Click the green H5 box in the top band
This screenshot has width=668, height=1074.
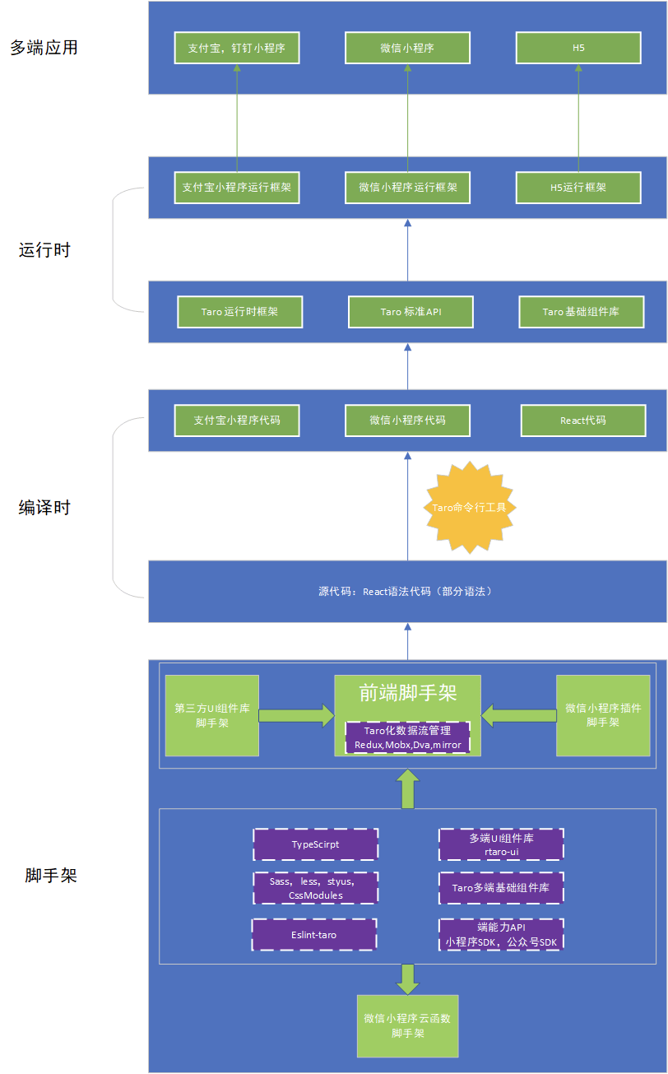(x=578, y=48)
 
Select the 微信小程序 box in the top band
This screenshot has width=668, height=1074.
(x=407, y=48)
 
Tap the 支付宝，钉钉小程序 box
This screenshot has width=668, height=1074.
(x=237, y=48)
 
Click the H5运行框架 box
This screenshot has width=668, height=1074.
(x=578, y=188)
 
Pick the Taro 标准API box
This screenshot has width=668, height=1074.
(x=411, y=312)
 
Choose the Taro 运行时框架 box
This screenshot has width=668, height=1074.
(x=239, y=312)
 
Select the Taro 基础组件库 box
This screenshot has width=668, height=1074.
(x=582, y=312)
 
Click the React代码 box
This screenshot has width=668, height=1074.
(x=583, y=421)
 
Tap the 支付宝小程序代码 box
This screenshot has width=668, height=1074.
(x=237, y=421)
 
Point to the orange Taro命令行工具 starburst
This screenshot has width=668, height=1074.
(x=470, y=507)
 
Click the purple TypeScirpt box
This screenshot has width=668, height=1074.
(x=316, y=844)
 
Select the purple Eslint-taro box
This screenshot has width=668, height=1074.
(x=314, y=934)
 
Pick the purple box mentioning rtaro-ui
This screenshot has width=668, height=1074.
(x=501, y=844)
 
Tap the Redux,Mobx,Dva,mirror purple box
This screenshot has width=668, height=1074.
(x=408, y=737)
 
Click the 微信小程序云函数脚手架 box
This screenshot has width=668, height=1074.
(x=408, y=1026)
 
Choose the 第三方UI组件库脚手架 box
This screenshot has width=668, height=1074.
(x=211, y=716)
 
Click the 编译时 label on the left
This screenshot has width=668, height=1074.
(x=44, y=507)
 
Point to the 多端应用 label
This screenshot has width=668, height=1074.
(x=44, y=48)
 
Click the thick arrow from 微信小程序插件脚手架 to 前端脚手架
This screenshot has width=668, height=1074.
(x=518, y=716)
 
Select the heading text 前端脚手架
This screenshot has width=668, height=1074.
(x=408, y=693)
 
